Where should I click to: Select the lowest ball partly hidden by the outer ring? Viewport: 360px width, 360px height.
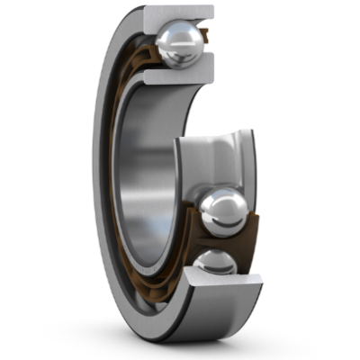tap(213, 263)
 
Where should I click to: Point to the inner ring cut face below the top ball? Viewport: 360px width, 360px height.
tap(175, 77)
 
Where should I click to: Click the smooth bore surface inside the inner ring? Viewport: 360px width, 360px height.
tap(148, 180)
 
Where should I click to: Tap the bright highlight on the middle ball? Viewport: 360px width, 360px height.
tap(212, 203)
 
